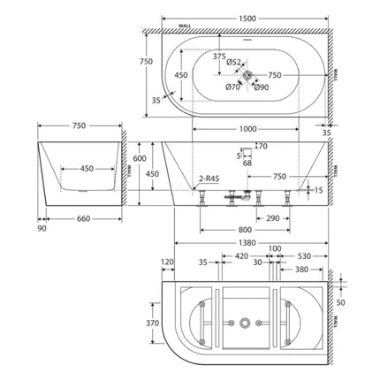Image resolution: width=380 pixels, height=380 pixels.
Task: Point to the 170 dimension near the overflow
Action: click(260, 146)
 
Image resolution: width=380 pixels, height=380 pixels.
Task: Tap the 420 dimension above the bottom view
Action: click(239, 259)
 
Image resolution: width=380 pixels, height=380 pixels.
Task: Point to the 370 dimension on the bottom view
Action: click(151, 323)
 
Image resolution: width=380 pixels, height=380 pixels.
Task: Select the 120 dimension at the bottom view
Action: click(169, 262)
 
